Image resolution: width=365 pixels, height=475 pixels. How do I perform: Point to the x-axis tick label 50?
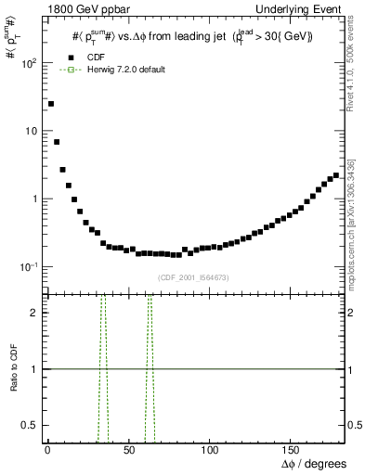(128, 448)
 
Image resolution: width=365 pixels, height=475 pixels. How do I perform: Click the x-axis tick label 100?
(209, 448)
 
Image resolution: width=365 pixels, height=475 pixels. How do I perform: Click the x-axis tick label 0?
(47, 448)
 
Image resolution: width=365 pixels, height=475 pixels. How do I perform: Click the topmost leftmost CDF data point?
(51, 104)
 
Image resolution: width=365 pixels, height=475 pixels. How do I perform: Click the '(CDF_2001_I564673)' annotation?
(193, 277)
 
